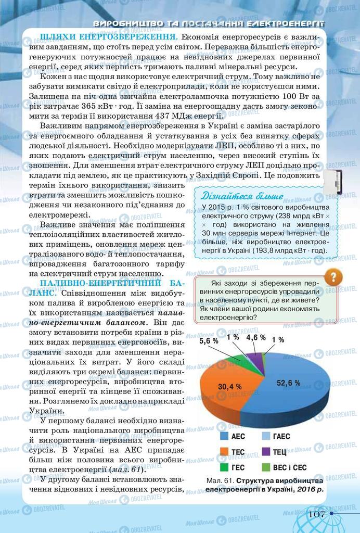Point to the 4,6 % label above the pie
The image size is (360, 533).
point(255,338)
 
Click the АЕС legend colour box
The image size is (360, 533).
point(224,436)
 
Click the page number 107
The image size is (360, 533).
point(317,514)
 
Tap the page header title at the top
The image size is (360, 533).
point(208,23)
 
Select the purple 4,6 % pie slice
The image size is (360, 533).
point(254,359)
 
